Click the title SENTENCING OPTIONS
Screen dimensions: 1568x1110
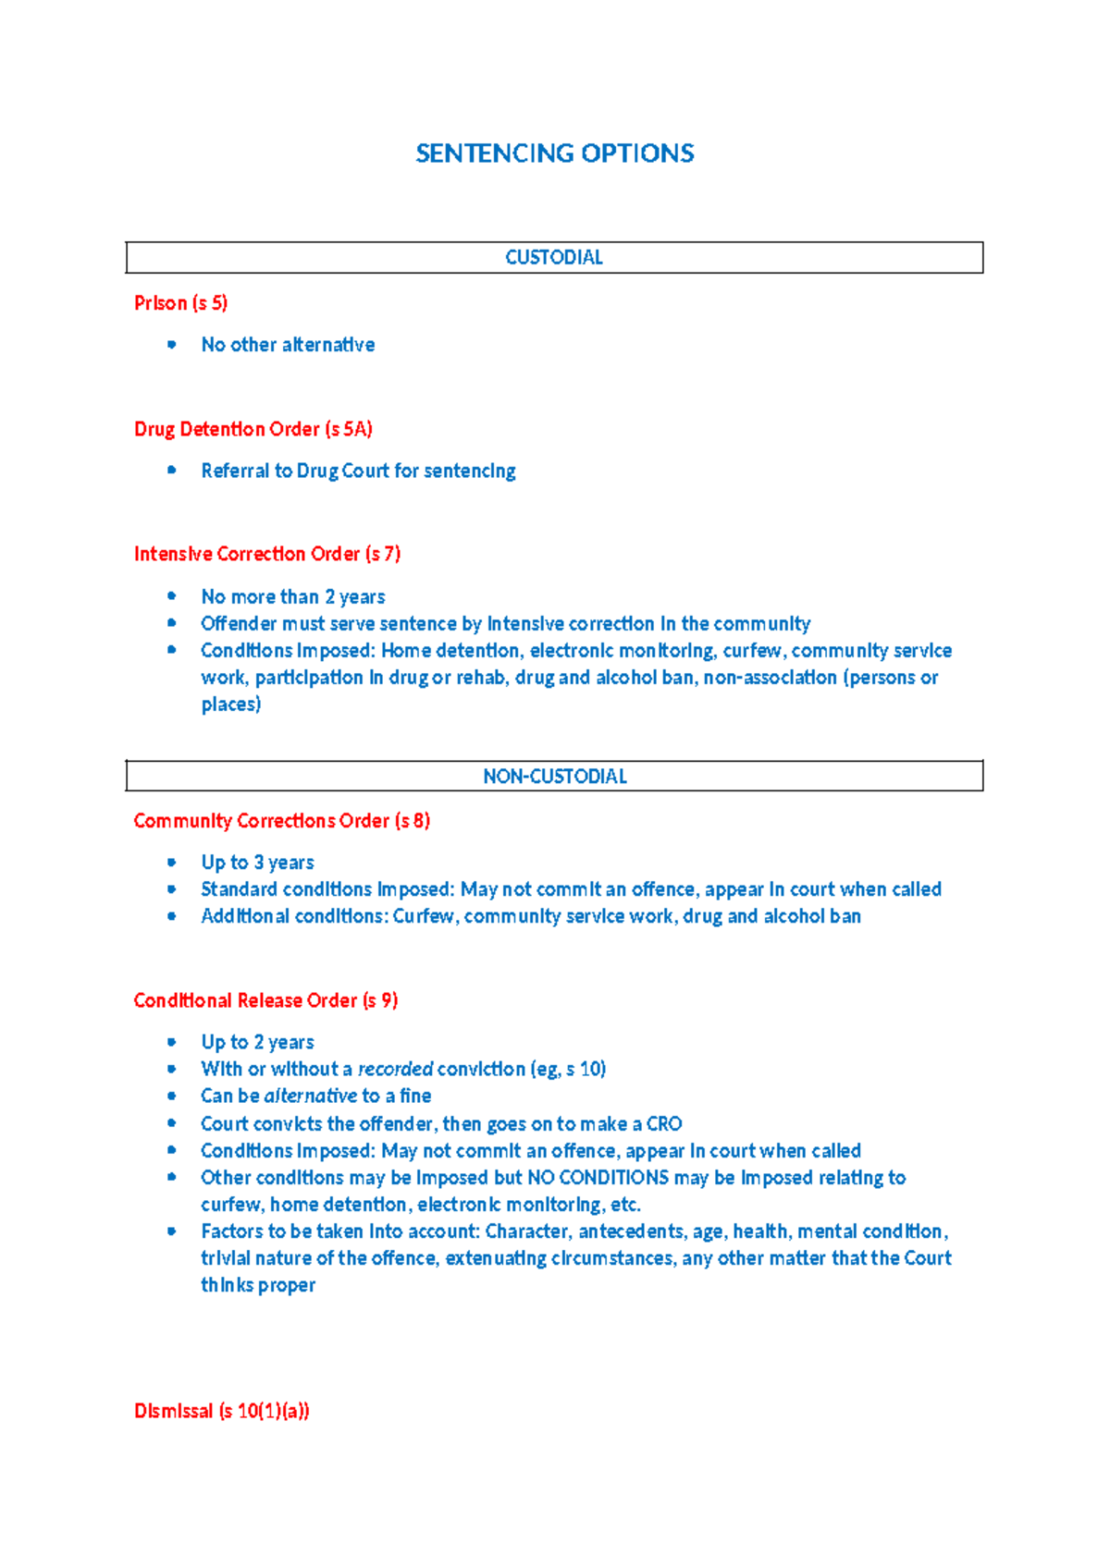[554, 153]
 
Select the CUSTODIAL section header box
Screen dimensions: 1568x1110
[554, 257]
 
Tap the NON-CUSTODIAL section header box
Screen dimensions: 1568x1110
[554, 777]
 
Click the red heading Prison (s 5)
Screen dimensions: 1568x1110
[180, 303]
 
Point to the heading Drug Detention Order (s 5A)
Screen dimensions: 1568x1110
[253, 429]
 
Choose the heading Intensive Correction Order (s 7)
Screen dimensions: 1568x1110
[266, 554]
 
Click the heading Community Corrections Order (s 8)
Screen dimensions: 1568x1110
[281, 821]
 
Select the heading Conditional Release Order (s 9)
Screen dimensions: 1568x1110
[265, 1000]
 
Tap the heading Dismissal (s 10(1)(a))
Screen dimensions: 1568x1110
[221, 1411]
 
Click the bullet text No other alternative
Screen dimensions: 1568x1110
[288, 345]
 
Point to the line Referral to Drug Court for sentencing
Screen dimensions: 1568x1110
[358, 471]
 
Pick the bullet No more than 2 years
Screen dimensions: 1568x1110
[292, 597]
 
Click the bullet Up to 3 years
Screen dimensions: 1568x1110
[257, 863]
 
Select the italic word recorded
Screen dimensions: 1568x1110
[395, 1070]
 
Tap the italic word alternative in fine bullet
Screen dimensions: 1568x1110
[310, 1096]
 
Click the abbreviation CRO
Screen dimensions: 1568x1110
[664, 1124]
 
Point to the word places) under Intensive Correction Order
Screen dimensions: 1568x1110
[231, 704]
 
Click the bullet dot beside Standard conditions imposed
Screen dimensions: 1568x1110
[171, 889]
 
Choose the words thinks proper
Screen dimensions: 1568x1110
[258, 1285]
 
